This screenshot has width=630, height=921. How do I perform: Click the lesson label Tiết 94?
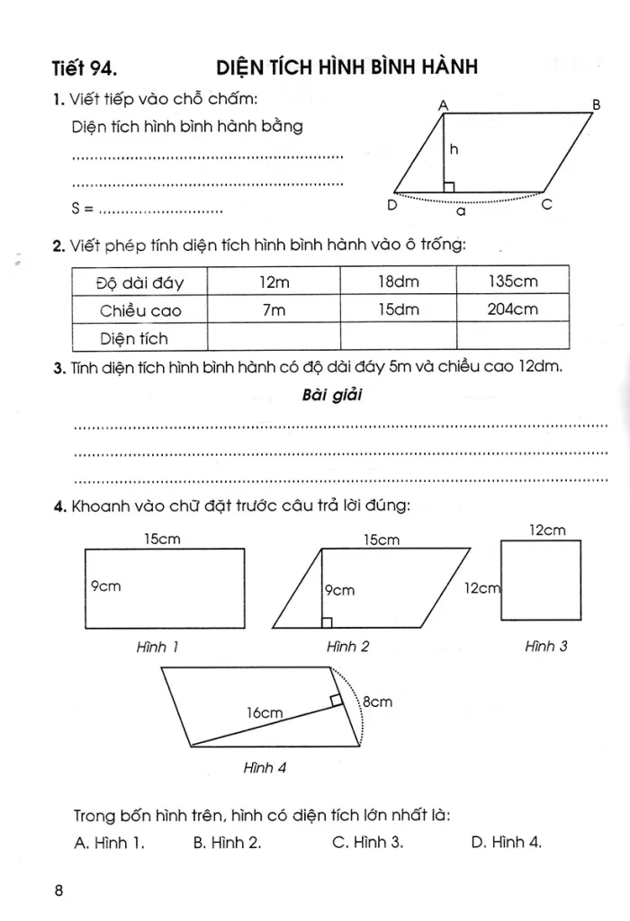coord(85,67)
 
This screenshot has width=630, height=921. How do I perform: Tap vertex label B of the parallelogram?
coord(595,104)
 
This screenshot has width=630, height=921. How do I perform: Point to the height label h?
coord(454,151)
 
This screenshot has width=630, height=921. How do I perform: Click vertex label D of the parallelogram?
coord(391,205)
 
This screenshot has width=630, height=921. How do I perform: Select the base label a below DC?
coord(461,215)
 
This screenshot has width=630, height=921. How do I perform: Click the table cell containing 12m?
coord(274,282)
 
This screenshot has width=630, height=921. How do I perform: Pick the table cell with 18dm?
coord(398,282)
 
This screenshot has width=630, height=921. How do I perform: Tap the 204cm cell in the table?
coord(513,309)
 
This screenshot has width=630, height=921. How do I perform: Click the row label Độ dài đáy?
coord(139,282)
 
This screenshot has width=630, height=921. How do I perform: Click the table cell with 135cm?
coord(513,282)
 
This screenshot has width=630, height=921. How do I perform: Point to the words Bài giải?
coord(332,396)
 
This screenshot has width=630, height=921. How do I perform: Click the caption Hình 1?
coord(157,646)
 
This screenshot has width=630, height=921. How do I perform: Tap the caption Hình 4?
coord(265,768)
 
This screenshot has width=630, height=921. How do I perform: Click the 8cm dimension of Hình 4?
coord(376,702)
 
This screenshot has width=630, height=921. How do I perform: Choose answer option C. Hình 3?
coord(367,842)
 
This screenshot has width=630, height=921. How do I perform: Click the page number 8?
coord(58,890)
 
